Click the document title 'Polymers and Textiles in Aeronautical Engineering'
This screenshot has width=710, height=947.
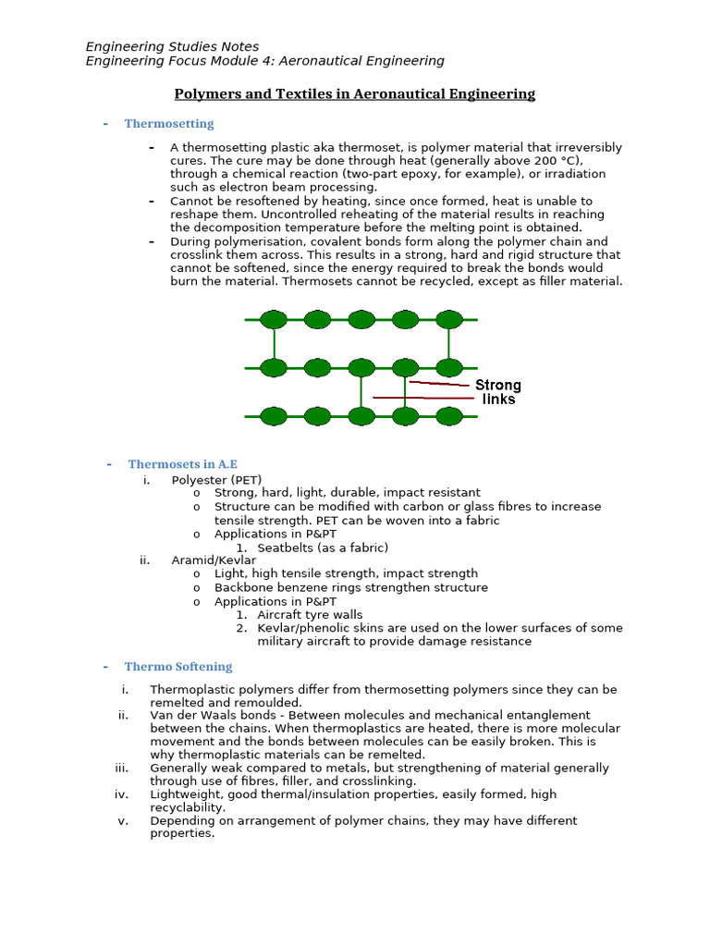[355, 93]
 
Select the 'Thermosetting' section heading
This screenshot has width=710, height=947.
[169, 124]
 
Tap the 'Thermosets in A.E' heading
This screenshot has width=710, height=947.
[183, 464]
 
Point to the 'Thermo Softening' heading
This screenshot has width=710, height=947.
[178, 667]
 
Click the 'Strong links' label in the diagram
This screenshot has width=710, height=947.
[498, 392]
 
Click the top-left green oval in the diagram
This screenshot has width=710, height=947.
[274, 320]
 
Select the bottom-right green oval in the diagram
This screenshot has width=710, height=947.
[449, 416]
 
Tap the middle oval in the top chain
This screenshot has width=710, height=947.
[361, 320]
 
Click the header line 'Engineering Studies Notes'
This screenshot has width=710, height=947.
[172, 46]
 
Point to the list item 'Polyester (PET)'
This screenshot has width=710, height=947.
[216, 480]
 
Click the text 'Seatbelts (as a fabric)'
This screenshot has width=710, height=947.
[323, 547]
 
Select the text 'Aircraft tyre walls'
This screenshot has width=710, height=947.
[310, 615]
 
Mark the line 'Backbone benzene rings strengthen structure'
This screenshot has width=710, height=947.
[351, 587]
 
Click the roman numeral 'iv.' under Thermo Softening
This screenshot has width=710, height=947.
[121, 794]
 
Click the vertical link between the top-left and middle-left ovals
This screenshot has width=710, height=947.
[274, 344]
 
